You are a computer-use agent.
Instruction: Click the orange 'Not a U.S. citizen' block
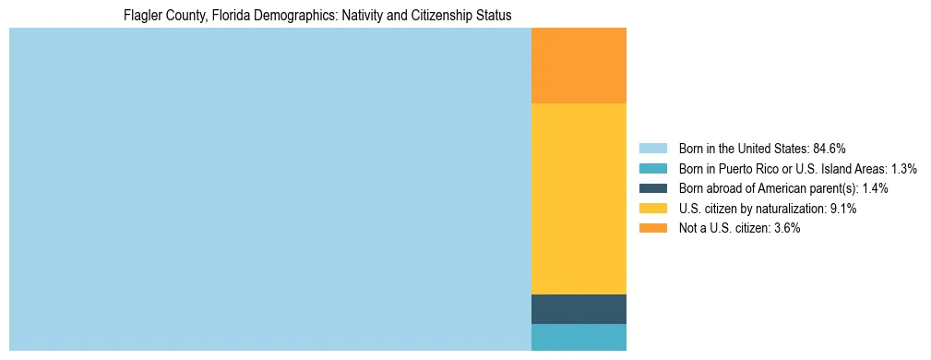(579, 66)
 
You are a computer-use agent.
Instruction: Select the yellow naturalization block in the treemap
(579, 198)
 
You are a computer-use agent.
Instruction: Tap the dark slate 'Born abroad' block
(579, 309)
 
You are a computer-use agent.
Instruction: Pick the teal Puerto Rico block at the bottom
(579, 337)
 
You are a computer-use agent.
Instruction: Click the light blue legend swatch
(652, 149)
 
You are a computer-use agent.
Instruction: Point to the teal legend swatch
(652, 169)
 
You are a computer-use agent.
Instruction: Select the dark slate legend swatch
(652, 188)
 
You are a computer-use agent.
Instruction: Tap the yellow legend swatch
(652, 209)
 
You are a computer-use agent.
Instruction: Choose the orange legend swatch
(652, 228)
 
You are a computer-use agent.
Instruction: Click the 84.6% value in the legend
(830, 149)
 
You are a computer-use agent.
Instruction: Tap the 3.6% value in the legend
(785, 228)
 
